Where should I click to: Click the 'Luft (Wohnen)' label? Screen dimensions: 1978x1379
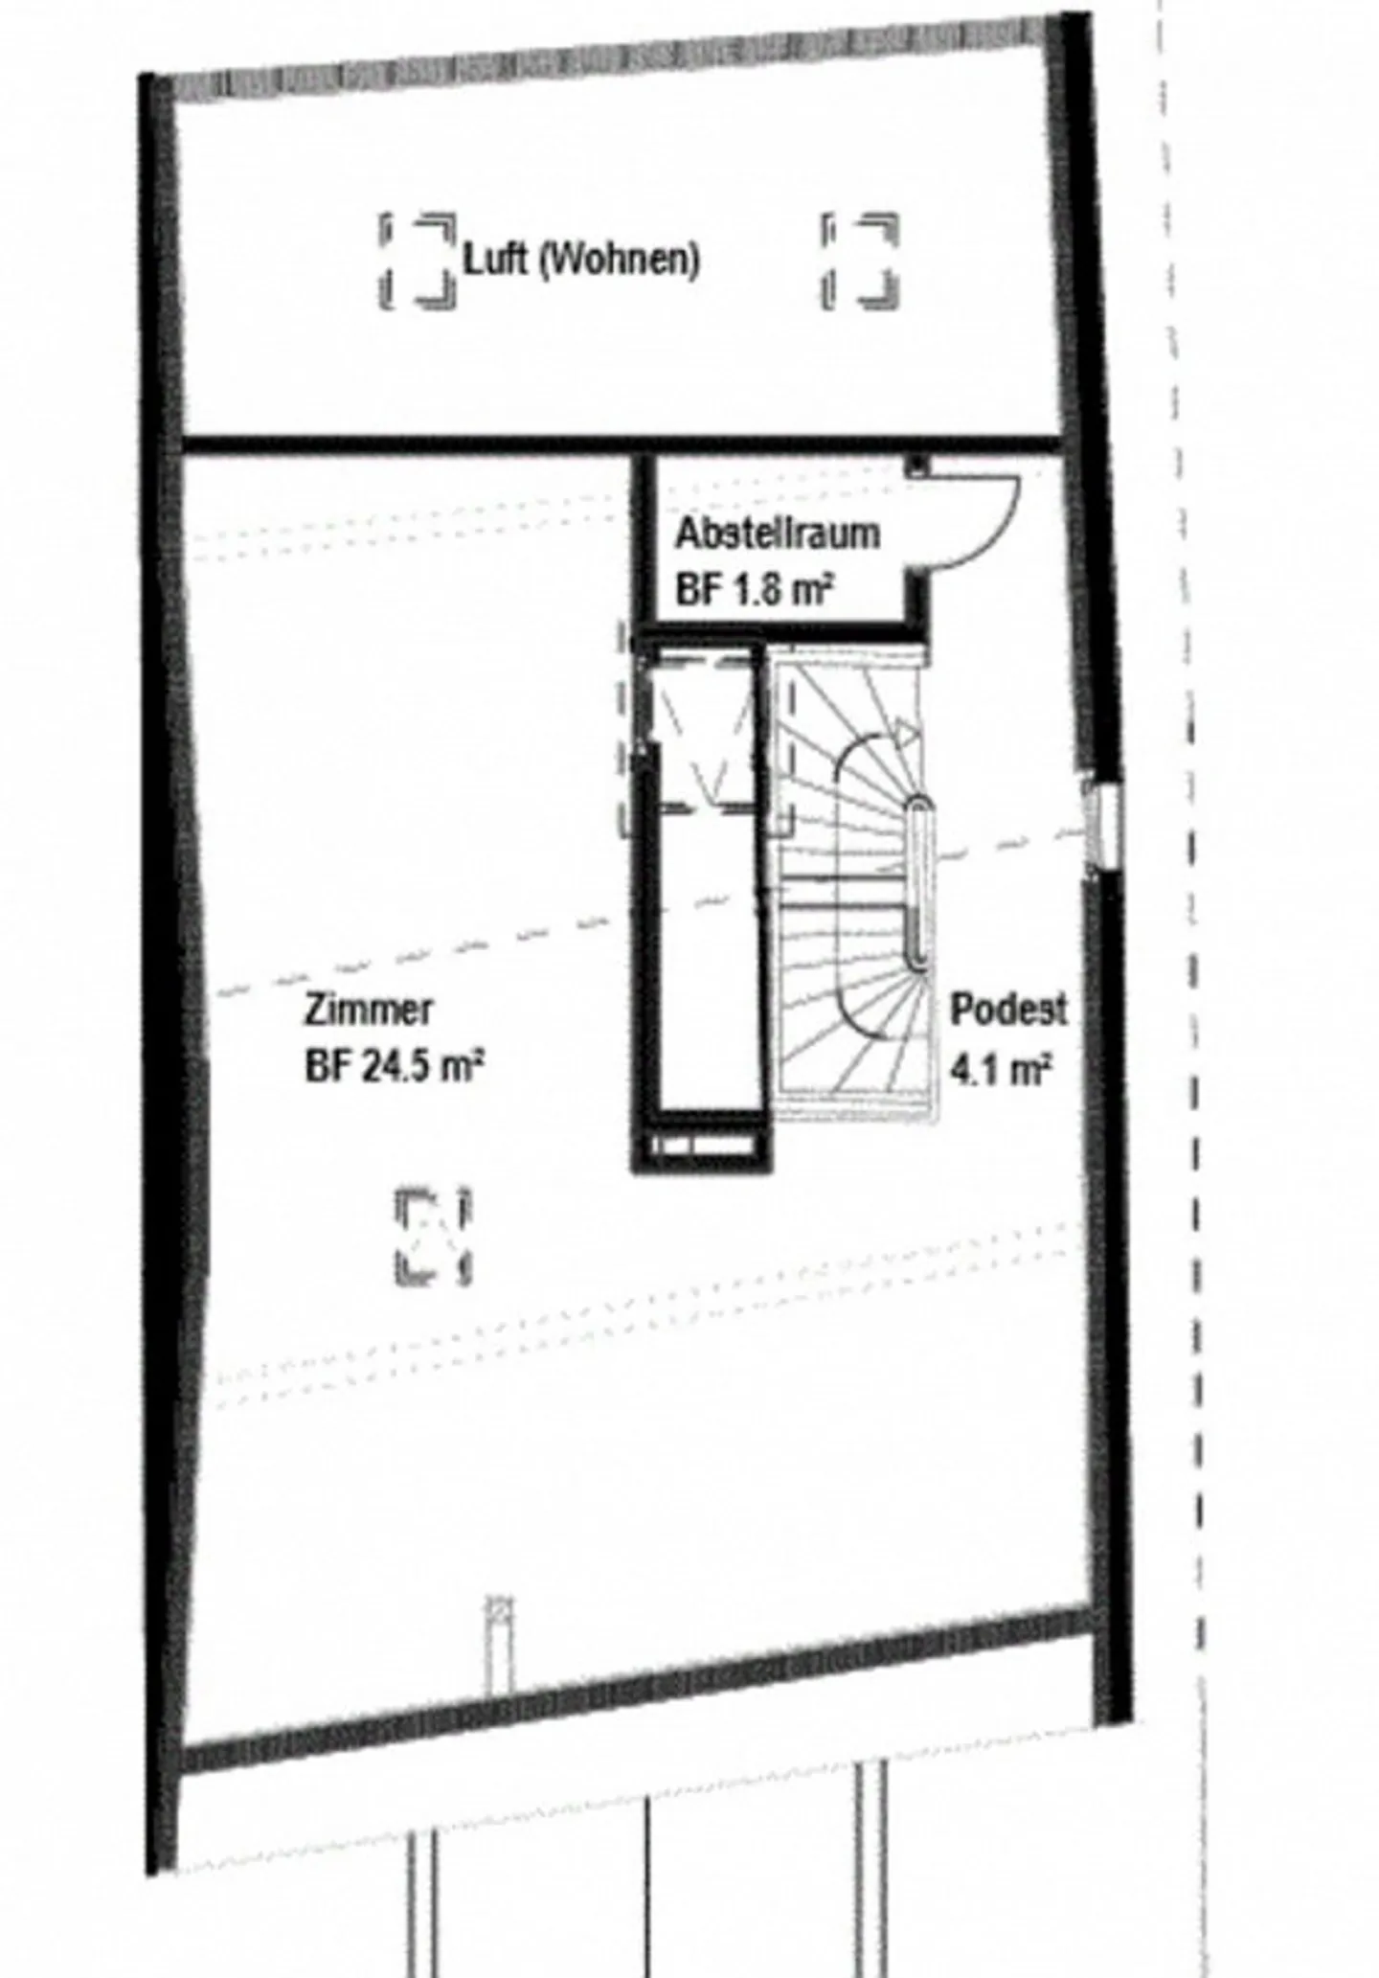[x=581, y=259]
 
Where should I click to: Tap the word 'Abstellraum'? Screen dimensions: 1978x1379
[x=777, y=534]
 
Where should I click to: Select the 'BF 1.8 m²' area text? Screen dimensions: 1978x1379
[x=752, y=589]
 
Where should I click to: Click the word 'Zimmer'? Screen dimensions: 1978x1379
[x=369, y=1009]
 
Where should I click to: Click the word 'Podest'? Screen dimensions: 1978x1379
[x=1007, y=1009]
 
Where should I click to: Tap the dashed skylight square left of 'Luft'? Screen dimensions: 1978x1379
[x=417, y=261]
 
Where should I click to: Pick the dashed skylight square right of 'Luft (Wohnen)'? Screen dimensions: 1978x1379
[x=860, y=261]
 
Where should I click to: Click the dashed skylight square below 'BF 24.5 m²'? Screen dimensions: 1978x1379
[x=434, y=1236]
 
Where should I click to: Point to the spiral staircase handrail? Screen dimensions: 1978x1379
[x=918, y=881]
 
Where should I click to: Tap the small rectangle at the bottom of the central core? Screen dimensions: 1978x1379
[x=700, y=1145]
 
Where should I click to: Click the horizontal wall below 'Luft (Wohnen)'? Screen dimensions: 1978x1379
[x=622, y=444]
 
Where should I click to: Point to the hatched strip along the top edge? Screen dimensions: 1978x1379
[x=613, y=63]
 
